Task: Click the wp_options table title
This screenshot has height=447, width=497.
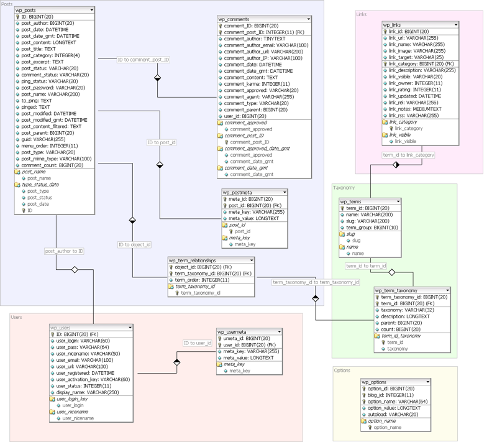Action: click(x=375, y=382)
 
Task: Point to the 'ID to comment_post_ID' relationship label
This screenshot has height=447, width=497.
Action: click(x=143, y=60)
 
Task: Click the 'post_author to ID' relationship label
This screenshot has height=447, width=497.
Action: click(x=64, y=251)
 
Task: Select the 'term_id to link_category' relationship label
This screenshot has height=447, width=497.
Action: click(x=408, y=155)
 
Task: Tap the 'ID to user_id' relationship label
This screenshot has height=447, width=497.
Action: click(x=198, y=343)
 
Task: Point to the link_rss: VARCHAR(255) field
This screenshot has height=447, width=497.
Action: click(x=414, y=115)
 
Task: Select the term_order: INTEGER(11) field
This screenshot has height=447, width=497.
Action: click(x=202, y=280)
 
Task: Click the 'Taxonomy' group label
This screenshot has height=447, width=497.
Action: click(x=344, y=187)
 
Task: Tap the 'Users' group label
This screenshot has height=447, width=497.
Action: click(x=16, y=317)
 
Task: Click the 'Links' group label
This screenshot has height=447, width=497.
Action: click(x=361, y=14)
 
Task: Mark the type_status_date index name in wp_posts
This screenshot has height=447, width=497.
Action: click(x=40, y=185)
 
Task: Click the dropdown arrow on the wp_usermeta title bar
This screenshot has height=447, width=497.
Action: click(x=280, y=332)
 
